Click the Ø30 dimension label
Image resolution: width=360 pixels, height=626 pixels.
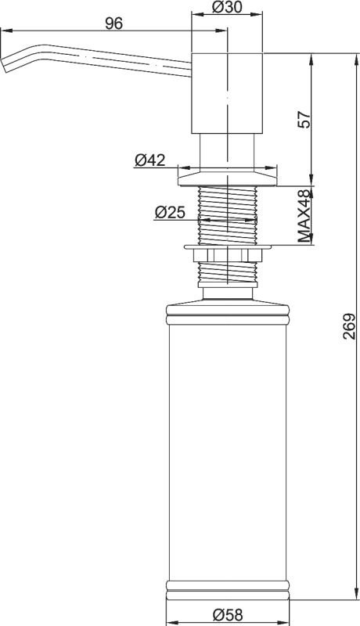point(227,7)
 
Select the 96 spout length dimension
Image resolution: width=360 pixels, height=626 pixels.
point(113,23)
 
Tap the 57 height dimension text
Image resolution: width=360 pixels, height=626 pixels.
point(304,119)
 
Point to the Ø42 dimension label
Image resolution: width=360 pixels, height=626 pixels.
point(149,160)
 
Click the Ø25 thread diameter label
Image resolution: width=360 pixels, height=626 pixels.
point(170,212)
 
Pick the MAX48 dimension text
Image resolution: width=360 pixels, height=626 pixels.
point(304,216)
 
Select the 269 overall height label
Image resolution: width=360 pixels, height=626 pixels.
point(349,326)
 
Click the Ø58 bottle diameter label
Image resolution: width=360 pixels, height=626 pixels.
point(227,614)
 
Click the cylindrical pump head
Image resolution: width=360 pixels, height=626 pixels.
point(227,93)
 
